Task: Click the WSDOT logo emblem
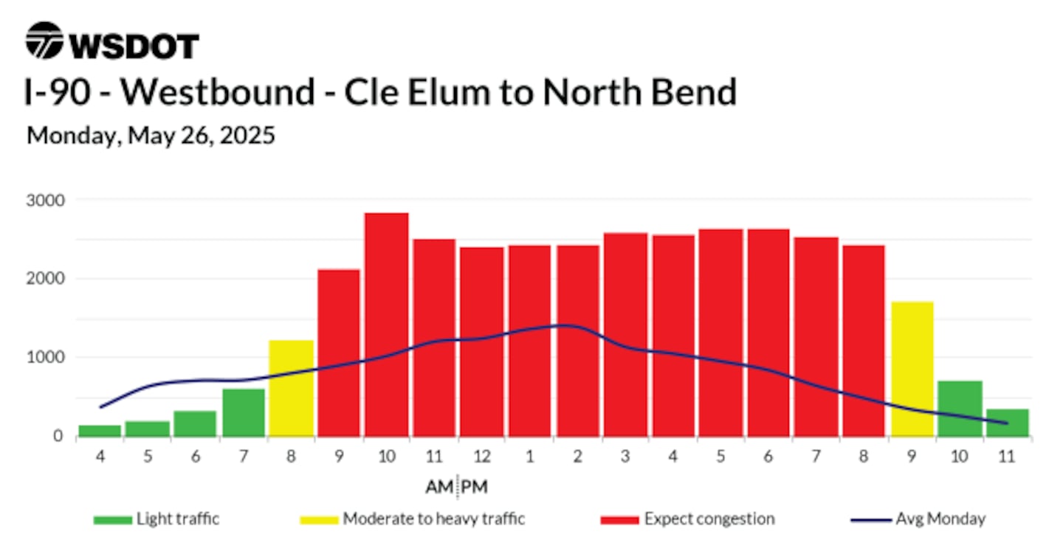44,41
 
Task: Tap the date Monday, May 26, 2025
151,136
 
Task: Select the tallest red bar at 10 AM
386,325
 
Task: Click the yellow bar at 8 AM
291,388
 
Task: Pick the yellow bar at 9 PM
912,369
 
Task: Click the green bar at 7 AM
244,412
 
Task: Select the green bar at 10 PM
960,409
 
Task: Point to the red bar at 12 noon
481,342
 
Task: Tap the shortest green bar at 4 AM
100,431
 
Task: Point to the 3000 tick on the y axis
45,201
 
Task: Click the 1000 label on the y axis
45,357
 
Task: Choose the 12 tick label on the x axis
481,456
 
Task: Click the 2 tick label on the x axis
577,456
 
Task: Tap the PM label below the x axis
475,487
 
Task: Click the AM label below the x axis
439,487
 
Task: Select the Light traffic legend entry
156,519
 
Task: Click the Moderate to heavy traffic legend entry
413,519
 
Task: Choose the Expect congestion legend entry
688,519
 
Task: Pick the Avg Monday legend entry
918,519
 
